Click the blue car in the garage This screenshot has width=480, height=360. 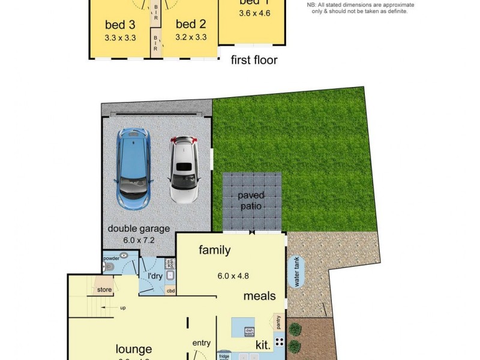point(135,168)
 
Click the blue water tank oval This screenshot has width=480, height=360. point(296,272)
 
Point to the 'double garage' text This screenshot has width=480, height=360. point(139,229)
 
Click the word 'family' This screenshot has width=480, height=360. point(214,250)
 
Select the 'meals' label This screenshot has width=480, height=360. point(259,295)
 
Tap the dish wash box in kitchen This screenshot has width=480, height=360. point(250,331)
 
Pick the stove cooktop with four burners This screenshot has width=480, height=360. point(280,343)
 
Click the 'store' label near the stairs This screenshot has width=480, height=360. point(104,290)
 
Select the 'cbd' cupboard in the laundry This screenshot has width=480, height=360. point(170,291)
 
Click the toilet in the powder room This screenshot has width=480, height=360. point(109,267)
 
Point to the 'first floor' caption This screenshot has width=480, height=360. point(254,60)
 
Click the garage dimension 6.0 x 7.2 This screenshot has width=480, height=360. point(139,239)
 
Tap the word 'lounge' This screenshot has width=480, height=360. point(134,349)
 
